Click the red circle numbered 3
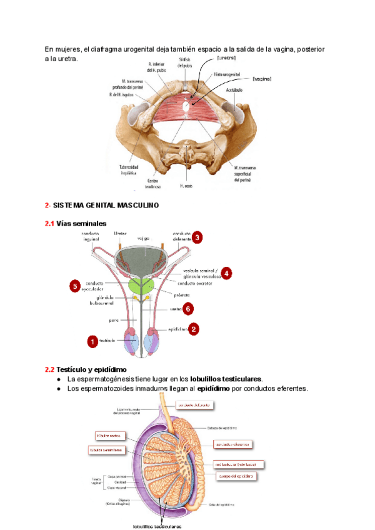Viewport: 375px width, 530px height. pyautogui.click(x=197, y=237)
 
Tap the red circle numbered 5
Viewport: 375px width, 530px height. pyautogui.click(x=74, y=286)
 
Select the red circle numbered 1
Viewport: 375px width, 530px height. pyautogui.click(x=92, y=341)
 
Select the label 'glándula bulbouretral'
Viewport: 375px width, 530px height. pyautogui.click(x=100, y=301)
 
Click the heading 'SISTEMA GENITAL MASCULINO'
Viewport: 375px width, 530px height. pyautogui.click(x=106, y=205)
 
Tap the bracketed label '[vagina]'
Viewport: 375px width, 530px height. pyautogui.click(x=262, y=79)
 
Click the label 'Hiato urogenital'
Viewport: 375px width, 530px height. pyautogui.click(x=227, y=74)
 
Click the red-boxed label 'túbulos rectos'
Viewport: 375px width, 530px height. pyautogui.click(x=108, y=435)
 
